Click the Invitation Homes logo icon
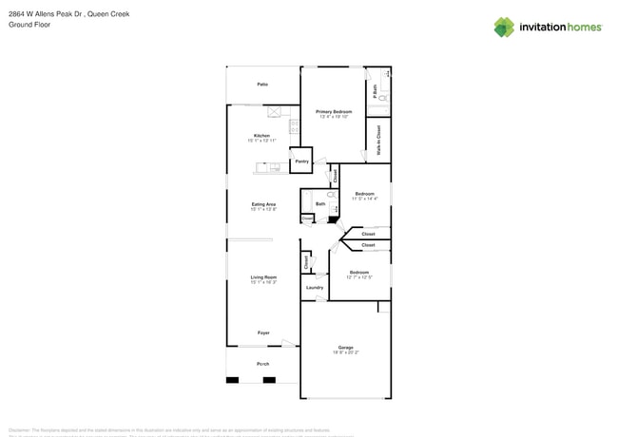(x=504, y=28)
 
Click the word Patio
(x=262, y=85)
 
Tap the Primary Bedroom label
(x=334, y=112)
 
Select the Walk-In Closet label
(x=378, y=140)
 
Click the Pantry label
(x=301, y=161)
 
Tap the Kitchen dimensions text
(x=261, y=141)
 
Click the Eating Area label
(x=263, y=204)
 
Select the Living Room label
(x=263, y=277)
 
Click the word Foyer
(x=263, y=332)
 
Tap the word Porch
(x=263, y=364)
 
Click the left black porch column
(x=232, y=380)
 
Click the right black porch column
(x=269, y=380)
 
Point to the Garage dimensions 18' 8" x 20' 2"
(x=345, y=352)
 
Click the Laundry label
(x=315, y=287)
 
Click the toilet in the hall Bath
(x=331, y=195)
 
